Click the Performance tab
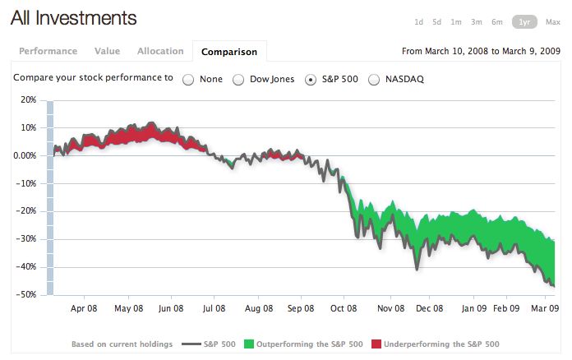click(48, 51)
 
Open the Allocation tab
click(160, 51)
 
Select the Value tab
click(108, 51)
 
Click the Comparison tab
click(229, 52)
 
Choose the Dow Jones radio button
click(238, 80)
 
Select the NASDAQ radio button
click(374, 80)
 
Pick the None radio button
click(188, 80)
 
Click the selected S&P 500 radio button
click(310, 80)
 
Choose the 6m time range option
click(497, 22)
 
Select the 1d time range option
click(419, 22)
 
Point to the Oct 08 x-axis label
click(344, 310)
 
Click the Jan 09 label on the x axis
click(474, 310)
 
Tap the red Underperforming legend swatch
click(377, 344)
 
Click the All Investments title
click(74, 18)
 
